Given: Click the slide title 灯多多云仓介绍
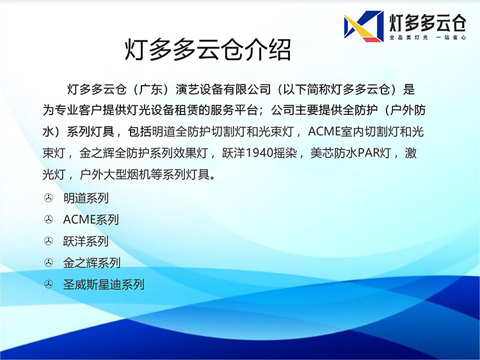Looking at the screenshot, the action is tap(207, 49).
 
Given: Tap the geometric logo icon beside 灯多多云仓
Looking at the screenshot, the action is tap(364, 26).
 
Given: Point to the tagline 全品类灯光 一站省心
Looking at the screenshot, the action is tap(428, 37).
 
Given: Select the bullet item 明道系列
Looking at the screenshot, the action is tap(86, 198).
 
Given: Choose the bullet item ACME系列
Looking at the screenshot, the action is tap(91, 219).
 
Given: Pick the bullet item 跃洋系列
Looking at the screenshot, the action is tap(86, 241).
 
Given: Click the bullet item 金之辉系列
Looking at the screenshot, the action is tap(92, 263).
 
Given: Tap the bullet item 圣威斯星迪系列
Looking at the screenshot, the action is tap(104, 285).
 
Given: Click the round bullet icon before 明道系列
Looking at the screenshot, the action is tap(49, 198).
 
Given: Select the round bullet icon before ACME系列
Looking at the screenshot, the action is tap(49, 219).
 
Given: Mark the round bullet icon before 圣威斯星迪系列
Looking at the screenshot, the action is tap(49, 284).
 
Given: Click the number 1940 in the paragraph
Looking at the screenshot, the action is tap(260, 153).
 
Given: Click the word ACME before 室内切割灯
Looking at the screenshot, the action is tap(324, 132).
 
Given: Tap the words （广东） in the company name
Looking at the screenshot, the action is tap(151, 90).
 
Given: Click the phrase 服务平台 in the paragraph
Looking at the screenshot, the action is tap(234, 110).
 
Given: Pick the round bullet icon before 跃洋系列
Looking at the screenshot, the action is tap(49, 241).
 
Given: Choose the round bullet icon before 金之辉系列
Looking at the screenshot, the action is tap(49, 262).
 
